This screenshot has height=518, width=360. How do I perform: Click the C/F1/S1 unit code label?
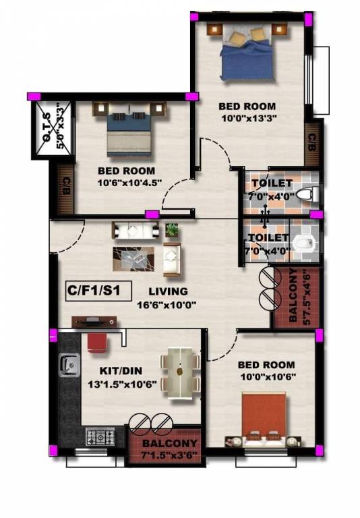tap(93, 292)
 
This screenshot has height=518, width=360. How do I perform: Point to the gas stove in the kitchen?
tap(99, 436)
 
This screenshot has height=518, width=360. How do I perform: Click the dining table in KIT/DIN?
tap(180, 370)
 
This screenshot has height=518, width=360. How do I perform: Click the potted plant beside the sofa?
tap(172, 230)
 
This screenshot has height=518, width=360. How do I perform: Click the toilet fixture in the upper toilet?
tap(305, 196)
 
